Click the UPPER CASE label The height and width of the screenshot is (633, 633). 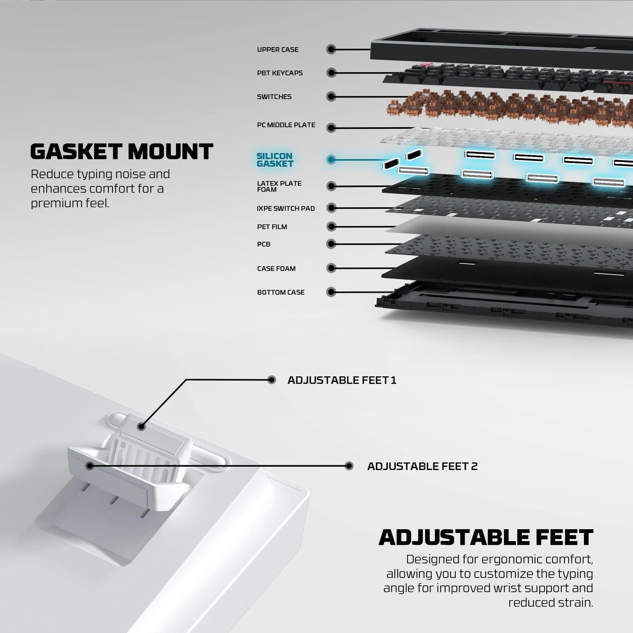point(277,49)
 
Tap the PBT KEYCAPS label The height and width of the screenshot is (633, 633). point(280,73)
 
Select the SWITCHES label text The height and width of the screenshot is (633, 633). point(274,97)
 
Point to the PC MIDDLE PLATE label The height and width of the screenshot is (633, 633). point(286,125)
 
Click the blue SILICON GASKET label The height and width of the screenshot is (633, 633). point(275,160)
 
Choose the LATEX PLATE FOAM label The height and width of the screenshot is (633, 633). point(279,186)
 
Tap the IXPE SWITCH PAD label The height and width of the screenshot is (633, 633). point(286,209)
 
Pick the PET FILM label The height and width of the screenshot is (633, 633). point(272,227)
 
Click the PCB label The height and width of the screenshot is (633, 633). point(264,244)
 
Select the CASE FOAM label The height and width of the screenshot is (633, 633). point(276,269)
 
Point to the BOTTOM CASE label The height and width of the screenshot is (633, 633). point(281,292)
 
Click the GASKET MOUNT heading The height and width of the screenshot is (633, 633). point(122,151)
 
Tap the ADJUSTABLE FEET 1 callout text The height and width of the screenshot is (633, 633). point(342,380)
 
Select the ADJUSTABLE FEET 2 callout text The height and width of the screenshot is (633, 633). point(422,466)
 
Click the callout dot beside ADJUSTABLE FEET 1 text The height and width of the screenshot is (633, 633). point(272,380)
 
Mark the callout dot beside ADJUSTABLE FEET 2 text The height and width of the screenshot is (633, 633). point(349,466)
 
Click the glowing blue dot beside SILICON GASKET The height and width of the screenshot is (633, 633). point(331,160)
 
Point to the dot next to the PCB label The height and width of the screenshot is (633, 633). point(331,244)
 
